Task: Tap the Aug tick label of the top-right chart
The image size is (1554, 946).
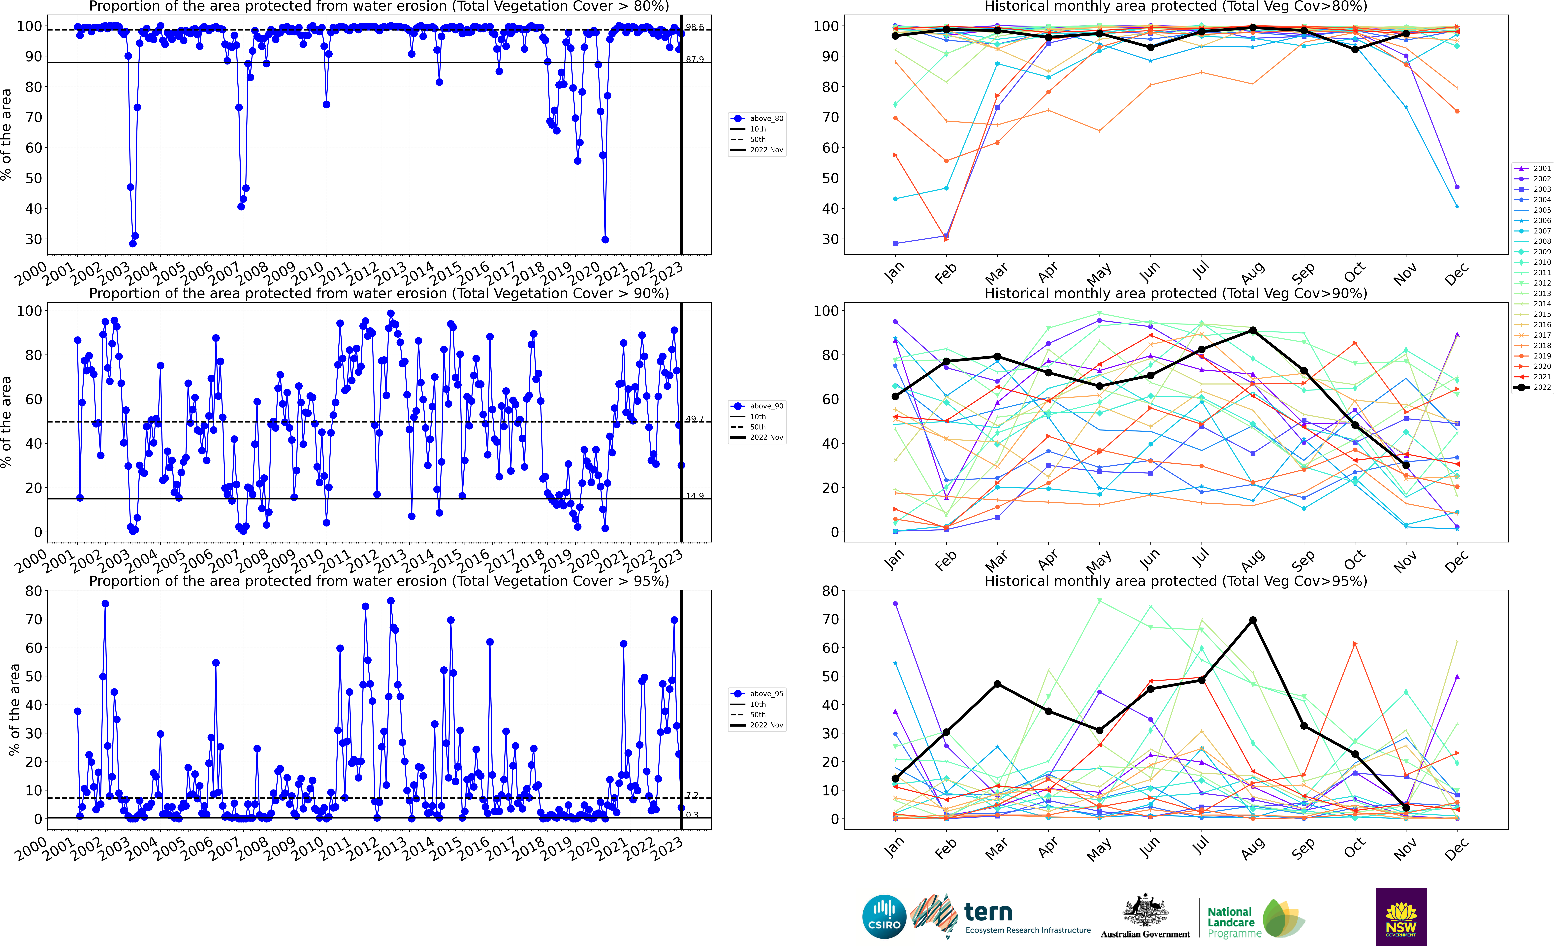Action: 1253,272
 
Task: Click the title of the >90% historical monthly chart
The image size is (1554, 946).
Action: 1176,293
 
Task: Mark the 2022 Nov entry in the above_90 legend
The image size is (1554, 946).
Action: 766,437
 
